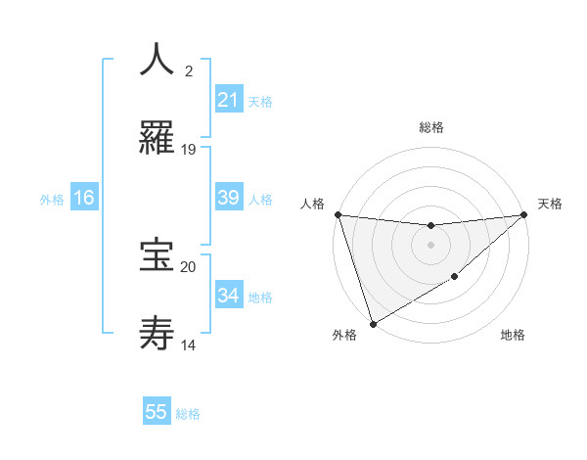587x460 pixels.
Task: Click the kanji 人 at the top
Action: coord(157,59)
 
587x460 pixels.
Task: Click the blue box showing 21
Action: coord(228,100)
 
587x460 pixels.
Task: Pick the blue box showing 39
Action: coord(228,198)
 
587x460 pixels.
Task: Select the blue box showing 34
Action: coord(228,296)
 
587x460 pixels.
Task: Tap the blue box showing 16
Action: coord(84,198)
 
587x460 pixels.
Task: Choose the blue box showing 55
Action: coord(157,412)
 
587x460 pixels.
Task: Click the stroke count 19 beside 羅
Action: coord(189,150)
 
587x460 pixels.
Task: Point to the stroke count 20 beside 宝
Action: coord(189,266)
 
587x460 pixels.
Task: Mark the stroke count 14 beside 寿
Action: coord(189,345)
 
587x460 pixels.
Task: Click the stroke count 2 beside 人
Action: coord(189,70)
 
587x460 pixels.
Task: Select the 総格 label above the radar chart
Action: coord(430,127)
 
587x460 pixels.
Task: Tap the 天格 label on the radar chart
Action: coord(550,204)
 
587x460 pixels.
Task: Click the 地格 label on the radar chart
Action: coord(513,336)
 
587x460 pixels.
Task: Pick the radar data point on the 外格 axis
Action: coord(372,323)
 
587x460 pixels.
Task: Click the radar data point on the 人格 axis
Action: coord(338,214)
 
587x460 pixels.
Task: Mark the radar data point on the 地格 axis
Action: coord(455,277)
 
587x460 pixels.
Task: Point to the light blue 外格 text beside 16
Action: coord(52,199)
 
